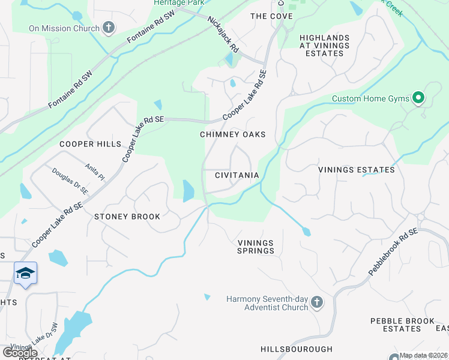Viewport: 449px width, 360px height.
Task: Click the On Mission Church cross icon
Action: [x=109, y=28]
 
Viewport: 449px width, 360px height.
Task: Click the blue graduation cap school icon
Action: [x=25, y=274]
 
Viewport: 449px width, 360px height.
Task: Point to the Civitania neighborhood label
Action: [x=237, y=175]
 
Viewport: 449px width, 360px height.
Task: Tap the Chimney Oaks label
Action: [x=232, y=134]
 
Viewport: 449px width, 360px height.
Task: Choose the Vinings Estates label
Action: [x=357, y=170]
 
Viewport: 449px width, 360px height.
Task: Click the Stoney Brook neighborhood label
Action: [x=127, y=216]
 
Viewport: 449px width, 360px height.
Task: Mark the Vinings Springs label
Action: [x=255, y=247]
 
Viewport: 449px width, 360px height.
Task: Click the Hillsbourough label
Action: [x=297, y=349]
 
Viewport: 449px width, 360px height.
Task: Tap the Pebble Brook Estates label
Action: [x=403, y=325]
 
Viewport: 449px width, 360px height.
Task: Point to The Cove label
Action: [x=271, y=16]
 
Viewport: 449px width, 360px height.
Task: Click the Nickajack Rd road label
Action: [x=223, y=37]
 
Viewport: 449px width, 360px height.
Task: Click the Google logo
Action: [x=19, y=352]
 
